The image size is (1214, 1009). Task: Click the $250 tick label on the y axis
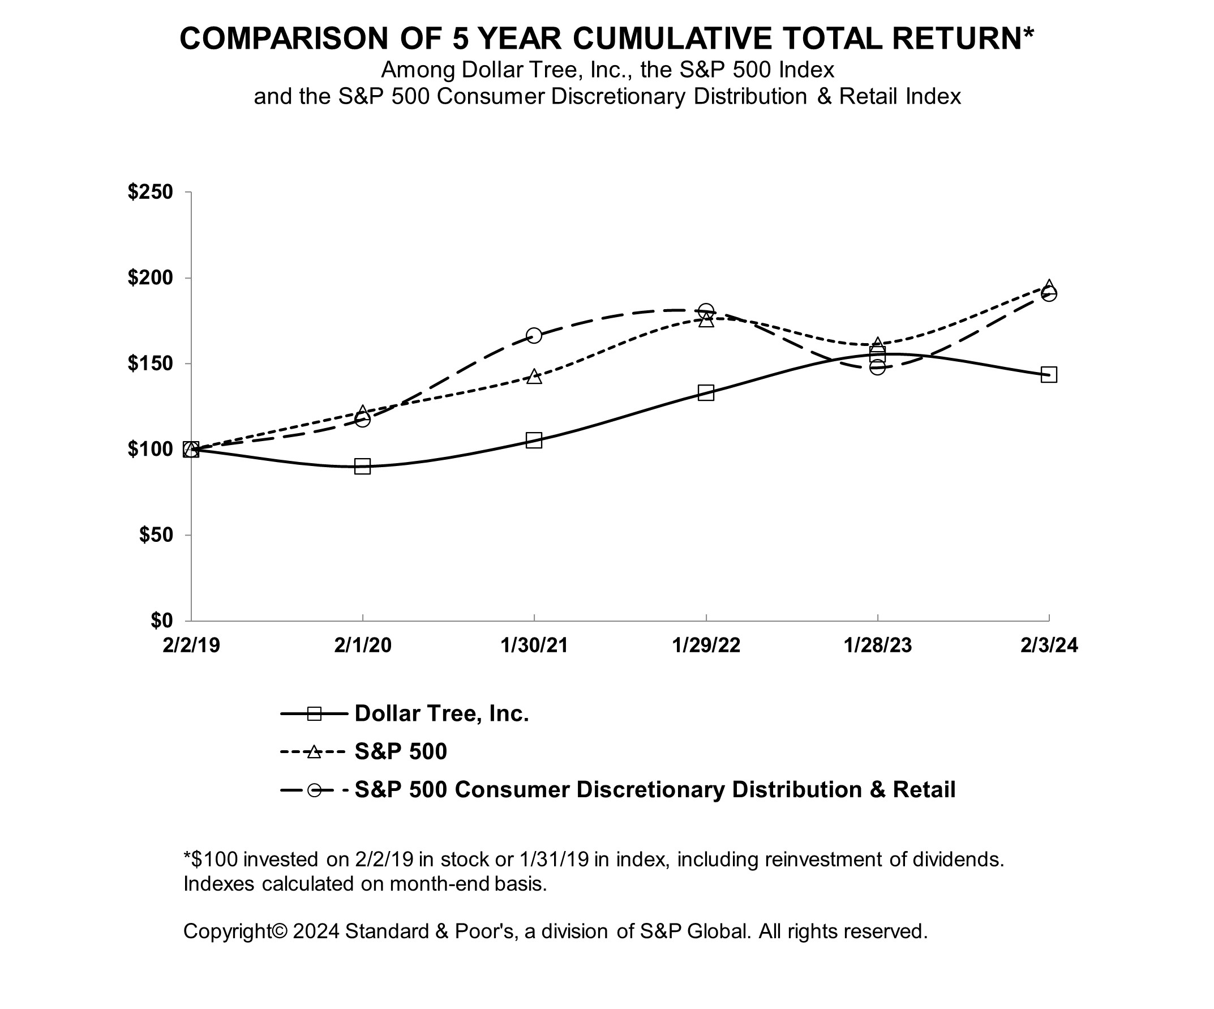(151, 192)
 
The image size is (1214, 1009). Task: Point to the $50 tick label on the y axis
(156, 535)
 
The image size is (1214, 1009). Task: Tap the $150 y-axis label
(151, 364)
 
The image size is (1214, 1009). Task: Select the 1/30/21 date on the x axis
(534, 645)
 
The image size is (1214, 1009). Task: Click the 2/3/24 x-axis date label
(1049, 645)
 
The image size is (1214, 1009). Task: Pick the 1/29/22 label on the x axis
(705, 645)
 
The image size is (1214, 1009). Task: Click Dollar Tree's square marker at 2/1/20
(362, 466)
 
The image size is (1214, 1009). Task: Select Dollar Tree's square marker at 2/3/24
(1049, 375)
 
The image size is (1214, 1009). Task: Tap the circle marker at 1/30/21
(534, 335)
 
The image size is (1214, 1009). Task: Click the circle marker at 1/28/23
(877, 367)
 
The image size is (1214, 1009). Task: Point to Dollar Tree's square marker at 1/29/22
(705, 393)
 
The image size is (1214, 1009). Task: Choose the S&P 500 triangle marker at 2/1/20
(362, 412)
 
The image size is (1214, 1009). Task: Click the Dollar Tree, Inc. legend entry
(441, 713)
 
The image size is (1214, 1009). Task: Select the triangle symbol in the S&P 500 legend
(314, 752)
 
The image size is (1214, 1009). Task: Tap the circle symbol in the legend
(314, 790)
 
